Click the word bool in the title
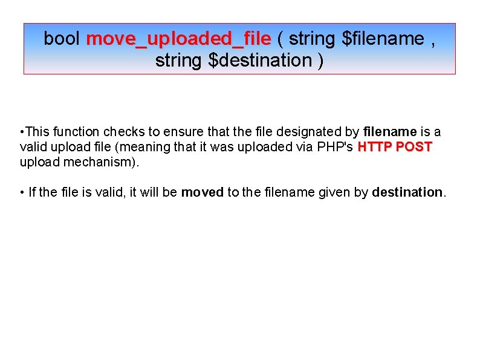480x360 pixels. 62,39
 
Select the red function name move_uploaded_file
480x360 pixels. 178,39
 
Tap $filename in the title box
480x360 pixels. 383,39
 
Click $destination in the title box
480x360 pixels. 259,61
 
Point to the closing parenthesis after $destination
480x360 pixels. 320,61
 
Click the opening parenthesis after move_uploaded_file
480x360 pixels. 281,39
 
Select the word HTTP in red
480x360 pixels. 374,147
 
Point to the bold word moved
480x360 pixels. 203,192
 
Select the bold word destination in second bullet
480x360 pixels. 407,192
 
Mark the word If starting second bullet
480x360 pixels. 32,192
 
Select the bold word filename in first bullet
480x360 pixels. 390,132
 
